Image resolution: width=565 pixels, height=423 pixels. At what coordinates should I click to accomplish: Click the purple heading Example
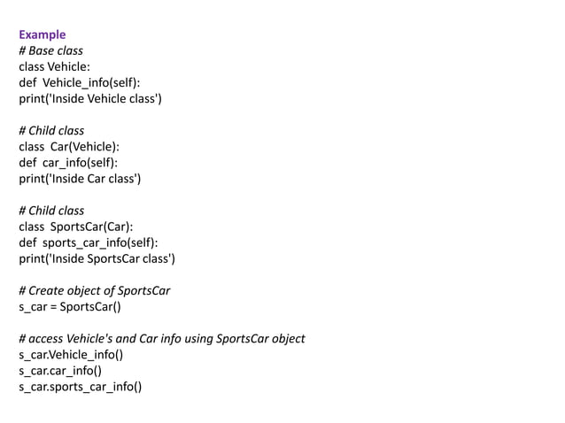click(42, 35)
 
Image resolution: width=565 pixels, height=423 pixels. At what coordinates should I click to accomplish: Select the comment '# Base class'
click(50, 50)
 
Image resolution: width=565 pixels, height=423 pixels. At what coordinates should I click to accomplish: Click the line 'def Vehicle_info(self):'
click(79, 82)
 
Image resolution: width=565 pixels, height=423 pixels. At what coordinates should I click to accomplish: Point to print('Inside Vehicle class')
click(90, 98)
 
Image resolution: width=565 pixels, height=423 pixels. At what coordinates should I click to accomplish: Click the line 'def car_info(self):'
click(67, 163)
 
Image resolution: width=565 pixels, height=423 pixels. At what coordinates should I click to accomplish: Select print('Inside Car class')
click(80, 179)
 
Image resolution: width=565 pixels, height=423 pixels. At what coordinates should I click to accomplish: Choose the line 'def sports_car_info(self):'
click(88, 242)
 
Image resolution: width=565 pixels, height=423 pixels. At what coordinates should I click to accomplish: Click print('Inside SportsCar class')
click(97, 258)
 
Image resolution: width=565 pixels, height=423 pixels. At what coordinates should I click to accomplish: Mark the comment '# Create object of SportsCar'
click(94, 291)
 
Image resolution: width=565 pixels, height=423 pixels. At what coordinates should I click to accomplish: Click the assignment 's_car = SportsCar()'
click(70, 307)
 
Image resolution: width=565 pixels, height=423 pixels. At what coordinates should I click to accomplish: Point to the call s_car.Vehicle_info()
click(71, 355)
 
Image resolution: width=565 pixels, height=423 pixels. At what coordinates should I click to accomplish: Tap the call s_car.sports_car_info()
click(80, 387)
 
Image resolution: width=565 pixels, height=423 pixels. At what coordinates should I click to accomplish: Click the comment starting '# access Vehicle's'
click(161, 339)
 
